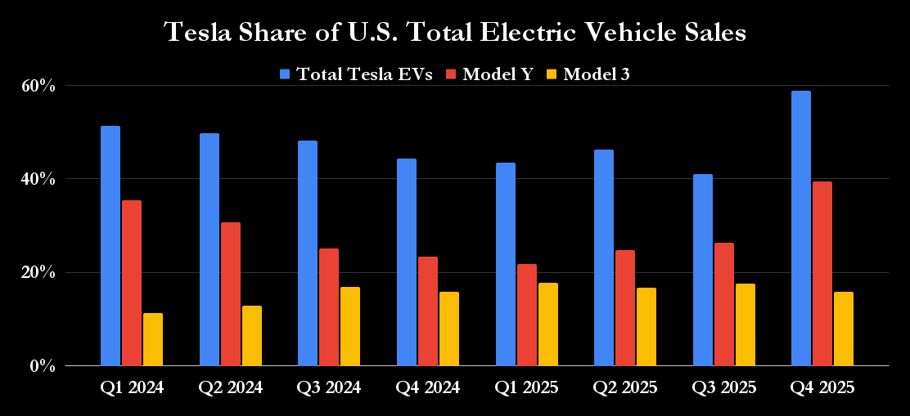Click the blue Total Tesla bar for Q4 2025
[x=801, y=228]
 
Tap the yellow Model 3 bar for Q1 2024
[x=153, y=339]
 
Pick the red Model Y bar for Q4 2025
[x=822, y=274]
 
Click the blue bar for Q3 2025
[x=702, y=270]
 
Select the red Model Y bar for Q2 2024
[x=231, y=294]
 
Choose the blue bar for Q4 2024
[x=407, y=262]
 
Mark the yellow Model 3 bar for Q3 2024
[x=350, y=326]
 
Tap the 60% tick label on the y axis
[x=38, y=86]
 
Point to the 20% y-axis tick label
[x=38, y=272]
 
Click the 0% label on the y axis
[x=42, y=366]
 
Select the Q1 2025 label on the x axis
[x=527, y=388]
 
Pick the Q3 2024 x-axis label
[x=329, y=388]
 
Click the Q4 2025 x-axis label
[x=822, y=388]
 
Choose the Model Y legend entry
[x=498, y=74]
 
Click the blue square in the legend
[x=286, y=74]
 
